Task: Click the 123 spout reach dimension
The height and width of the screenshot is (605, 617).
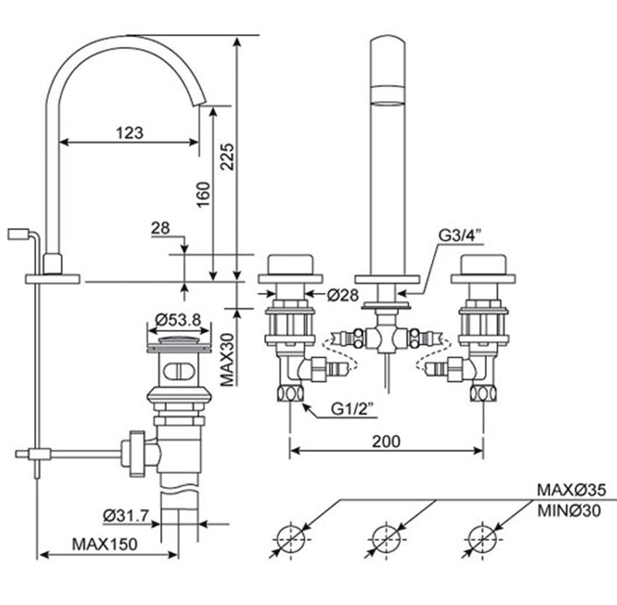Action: click(129, 133)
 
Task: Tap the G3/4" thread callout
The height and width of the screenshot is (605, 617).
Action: click(460, 236)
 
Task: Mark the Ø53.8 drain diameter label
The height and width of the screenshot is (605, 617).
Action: click(178, 318)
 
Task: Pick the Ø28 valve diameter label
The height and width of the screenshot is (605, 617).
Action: click(343, 295)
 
